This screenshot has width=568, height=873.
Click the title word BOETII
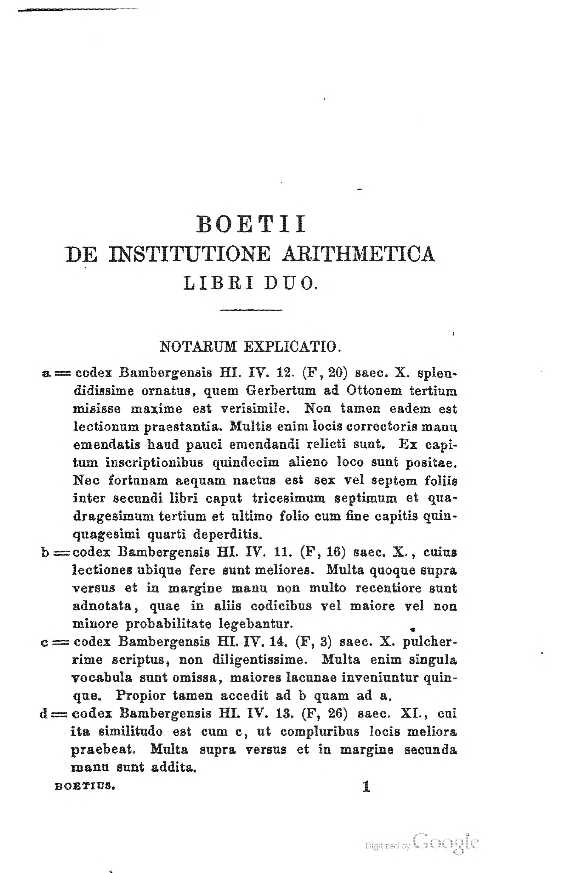[x=251, y=224]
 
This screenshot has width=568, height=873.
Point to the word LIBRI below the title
[x=219, y=283]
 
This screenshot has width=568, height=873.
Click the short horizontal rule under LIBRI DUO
[x=251, y=311]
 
